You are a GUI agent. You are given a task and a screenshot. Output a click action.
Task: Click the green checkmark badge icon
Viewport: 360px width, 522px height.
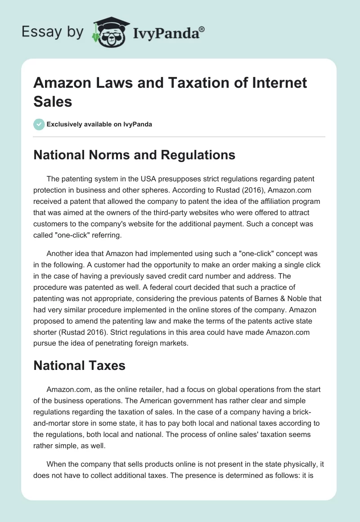tap(39, 124)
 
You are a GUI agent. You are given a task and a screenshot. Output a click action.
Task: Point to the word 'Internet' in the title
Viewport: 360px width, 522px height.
tap(279, 83)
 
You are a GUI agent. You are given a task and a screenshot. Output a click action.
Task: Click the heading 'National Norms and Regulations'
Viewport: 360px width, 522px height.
tap(135, 155)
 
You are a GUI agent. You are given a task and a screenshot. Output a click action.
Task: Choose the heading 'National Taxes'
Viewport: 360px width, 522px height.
tap(79, 365)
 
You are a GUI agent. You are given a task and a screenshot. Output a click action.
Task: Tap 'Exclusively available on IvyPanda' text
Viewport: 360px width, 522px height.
tap(99, 124)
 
